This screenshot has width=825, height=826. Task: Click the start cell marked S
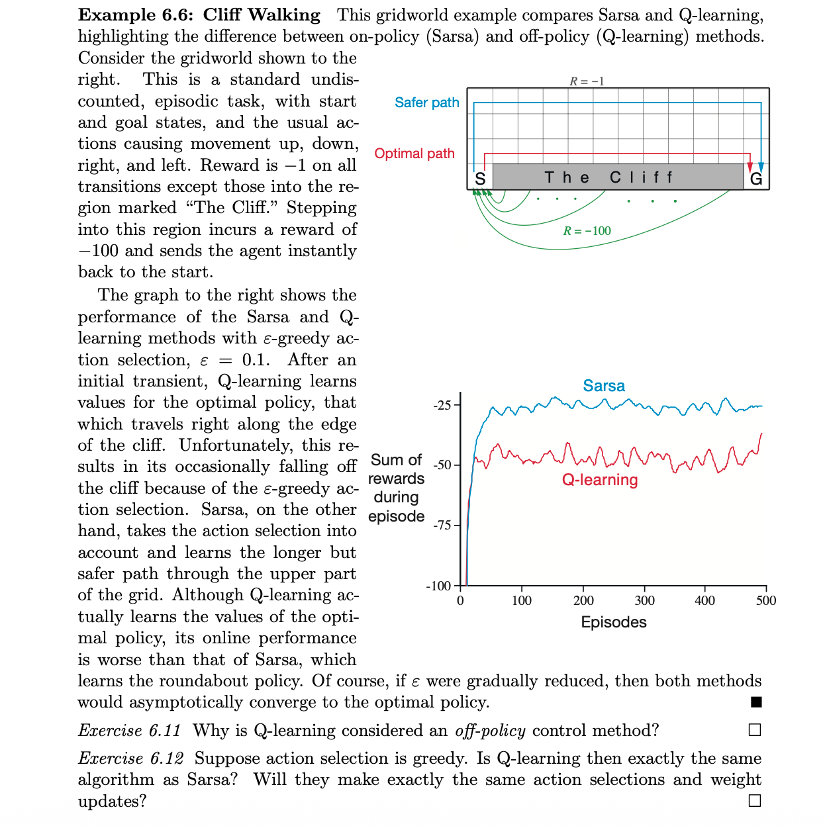point(480,178)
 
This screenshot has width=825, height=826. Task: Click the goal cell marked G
point(756,178)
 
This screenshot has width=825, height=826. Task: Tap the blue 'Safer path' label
point(426,103)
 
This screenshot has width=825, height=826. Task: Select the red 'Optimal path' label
point(414,154)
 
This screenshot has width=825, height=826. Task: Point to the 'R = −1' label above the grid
point(587,81)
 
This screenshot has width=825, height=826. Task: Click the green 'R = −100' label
point(587,231)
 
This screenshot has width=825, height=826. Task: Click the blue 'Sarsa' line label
point(603,386)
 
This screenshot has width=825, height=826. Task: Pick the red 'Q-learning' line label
point(600,480)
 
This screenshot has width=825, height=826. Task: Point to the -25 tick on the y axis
point(442,405)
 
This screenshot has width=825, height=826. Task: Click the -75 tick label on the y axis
point(442,526)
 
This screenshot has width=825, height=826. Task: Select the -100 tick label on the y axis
point(439,586)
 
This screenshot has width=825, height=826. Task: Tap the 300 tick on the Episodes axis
point(644,601)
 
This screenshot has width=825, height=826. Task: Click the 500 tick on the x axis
point(765,601)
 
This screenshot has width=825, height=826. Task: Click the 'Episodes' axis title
point(613,622)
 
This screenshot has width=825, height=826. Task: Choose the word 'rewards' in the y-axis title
point(396,479)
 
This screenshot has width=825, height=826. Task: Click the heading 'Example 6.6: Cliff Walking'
point(199,15)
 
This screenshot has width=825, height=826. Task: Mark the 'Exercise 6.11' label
point(130,731)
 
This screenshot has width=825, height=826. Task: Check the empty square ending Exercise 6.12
point(755,801)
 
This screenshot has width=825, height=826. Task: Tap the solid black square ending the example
point(756,702)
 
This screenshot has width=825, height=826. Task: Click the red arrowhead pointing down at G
point(750,167)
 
